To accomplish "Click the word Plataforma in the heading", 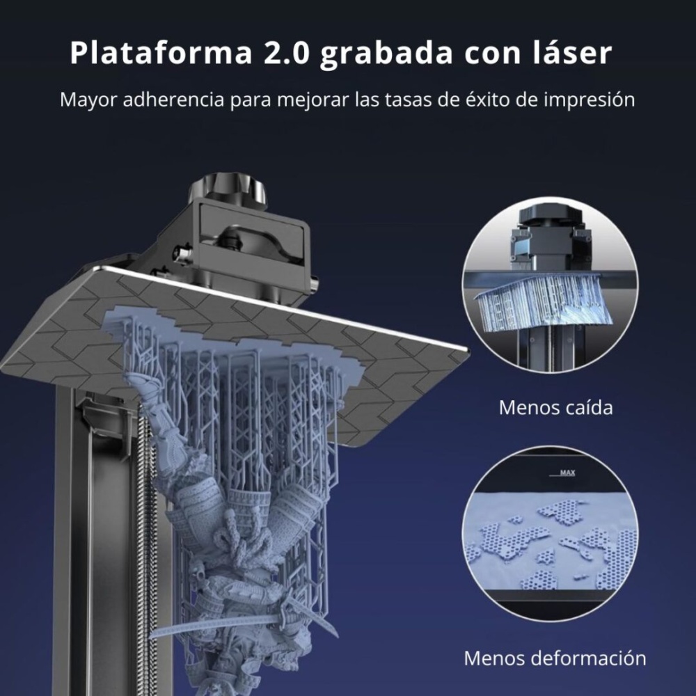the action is coord(161,54).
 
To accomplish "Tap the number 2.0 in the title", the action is coord(287,54).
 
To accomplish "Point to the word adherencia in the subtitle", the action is coord(173,100).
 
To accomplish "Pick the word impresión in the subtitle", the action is coord(590,100).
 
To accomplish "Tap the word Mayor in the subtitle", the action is coord(89,100).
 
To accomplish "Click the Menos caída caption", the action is coord(555,407).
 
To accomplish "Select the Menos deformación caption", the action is coord(555,658).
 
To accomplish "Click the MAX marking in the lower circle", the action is coord(567,473).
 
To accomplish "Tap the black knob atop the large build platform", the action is coord(227,189).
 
